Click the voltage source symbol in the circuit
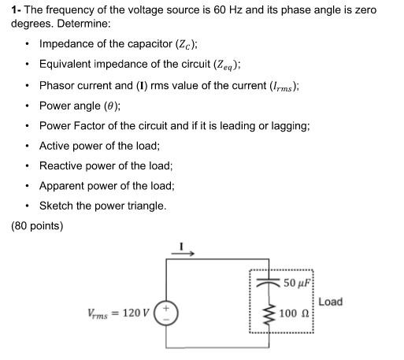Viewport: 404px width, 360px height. click(167, 312)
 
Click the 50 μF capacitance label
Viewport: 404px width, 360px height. click(298, 283)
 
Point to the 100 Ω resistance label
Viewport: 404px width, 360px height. click(295, 314)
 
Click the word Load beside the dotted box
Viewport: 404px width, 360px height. click(330, 302)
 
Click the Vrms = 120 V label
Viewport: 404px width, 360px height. click(117, 313)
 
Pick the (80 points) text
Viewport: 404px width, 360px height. click(37, 226)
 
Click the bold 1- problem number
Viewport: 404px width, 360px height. click(16, 10)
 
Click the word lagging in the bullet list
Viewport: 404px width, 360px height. click(289, 125)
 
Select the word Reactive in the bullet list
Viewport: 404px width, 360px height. click(61, 165)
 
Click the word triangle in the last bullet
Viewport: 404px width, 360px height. click(144, 206)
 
